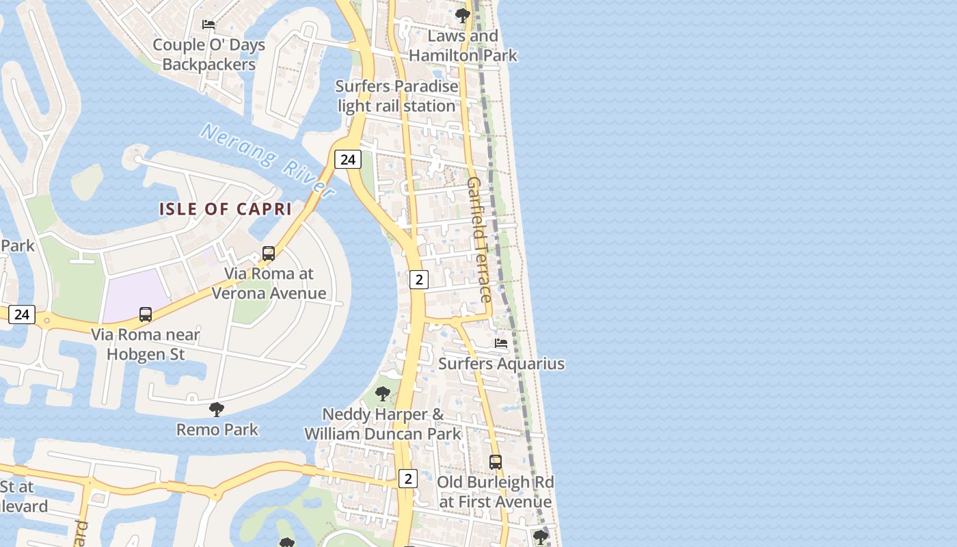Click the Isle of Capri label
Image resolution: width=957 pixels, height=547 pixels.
(x=226, y=209)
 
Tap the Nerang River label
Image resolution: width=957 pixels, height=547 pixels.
(x=269, y=160)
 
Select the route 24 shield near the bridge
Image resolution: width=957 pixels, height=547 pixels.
(x=347, y=160)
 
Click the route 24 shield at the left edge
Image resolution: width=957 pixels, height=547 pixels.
(x=22, y=314)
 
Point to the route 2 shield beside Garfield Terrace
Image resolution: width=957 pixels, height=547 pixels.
(x=418, y=279)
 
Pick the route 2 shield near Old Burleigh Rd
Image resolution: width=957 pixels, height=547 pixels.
(x=407, y=479)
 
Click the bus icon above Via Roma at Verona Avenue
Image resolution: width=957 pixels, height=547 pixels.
(x=269, y=254)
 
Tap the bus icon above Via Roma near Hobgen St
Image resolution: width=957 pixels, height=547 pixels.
(x=146, y=315)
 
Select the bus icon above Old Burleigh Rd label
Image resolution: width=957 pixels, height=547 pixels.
(x=496, y=462)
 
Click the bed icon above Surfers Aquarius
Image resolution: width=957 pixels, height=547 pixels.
(x=501, y=343)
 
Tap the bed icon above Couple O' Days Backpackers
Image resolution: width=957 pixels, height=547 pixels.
(x=208, y=25)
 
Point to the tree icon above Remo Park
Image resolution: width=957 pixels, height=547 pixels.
(x=217, y=410)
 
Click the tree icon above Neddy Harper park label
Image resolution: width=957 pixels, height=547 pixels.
(x=383, y=394)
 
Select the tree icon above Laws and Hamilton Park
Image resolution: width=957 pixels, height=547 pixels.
(x=463, y=15)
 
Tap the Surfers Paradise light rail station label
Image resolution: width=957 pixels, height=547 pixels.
(x=396, y=96)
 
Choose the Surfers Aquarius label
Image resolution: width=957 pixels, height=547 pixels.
(x=501, y=364)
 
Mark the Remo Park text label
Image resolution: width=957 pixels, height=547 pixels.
(x=217, y=429)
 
